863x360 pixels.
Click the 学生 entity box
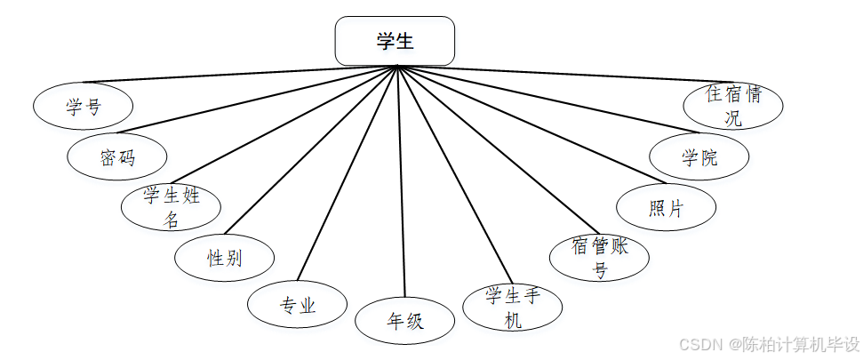click(395, 41)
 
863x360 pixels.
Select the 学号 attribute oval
click(83, 106)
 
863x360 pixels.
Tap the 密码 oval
click(116, 158)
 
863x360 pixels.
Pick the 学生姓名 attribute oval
click(172, 207)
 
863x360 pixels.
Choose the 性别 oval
click(224, 258)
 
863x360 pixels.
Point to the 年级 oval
click(405, 321)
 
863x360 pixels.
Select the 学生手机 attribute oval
click(513, 307)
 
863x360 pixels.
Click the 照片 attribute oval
click(666, 208)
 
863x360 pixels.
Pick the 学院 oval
click(699, 158)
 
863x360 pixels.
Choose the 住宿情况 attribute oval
click(732, 106)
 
